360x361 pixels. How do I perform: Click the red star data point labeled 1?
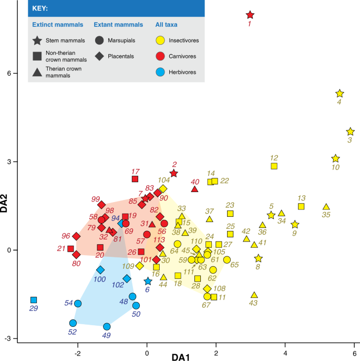(250, 15)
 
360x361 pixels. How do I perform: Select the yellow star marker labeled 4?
(340, 94)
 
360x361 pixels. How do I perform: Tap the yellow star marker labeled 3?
(351, 132)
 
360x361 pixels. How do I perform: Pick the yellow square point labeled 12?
(274, 166)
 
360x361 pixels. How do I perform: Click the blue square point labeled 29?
(34, 300)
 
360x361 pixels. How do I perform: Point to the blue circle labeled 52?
(73, 323)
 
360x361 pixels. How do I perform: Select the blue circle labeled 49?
(107, 327)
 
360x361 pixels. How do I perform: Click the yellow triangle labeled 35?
(326, 207)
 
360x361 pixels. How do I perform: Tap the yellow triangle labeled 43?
(254, 295)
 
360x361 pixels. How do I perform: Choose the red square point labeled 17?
(135, 179)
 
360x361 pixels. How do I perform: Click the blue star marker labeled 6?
(148, 282)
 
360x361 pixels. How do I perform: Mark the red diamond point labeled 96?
(76, 236)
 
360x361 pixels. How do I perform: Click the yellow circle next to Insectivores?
(160, 40)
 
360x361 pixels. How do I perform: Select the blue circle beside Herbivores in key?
(160, 72)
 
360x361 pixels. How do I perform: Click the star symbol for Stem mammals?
(37, 40)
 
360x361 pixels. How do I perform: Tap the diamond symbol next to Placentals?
(99, 56)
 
